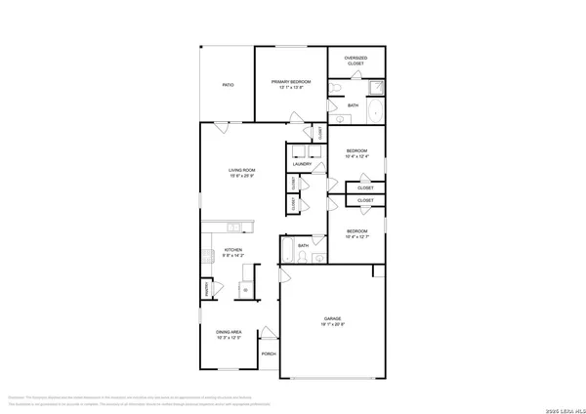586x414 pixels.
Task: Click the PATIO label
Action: click(x=227, y=86)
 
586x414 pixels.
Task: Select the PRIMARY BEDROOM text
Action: click(x=290, y=83)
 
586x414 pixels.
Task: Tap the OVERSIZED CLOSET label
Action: click(x=356, y=62)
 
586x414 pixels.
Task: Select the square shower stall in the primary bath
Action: click(x=375, y=89)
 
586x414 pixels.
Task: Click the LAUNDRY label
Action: click(x=302, y=164)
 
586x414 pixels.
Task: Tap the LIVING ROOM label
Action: click(x=242, y=173)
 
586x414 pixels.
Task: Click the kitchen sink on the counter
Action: click(x=235, y=228)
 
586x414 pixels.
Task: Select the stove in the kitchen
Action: click(x=208, y=257)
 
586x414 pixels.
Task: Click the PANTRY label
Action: click(x=207, y=289)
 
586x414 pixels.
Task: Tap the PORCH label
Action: click(x=269, y=353)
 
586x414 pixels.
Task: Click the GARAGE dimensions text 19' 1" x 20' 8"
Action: click(x=333, y=324)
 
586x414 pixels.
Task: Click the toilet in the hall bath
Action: click(x=317, y=259)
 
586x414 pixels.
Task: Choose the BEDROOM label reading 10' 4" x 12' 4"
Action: click(x=357, y=153)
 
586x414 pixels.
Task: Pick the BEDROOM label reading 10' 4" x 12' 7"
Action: click(x=357, y=234)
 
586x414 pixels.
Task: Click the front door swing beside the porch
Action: click(x=270, y=332)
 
